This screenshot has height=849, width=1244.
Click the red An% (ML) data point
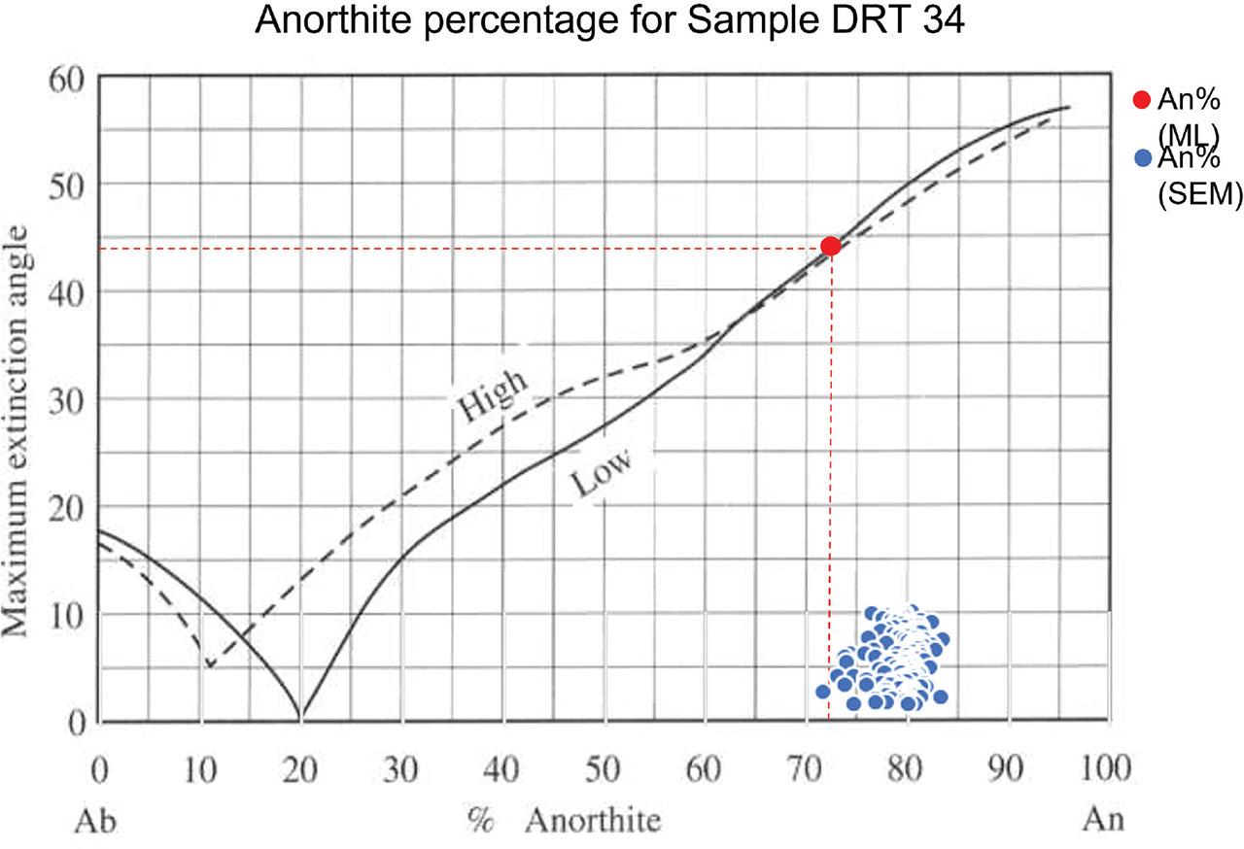(830, 246)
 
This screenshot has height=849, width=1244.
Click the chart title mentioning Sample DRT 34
(609, 21)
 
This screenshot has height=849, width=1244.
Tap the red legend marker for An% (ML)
(1143, 100)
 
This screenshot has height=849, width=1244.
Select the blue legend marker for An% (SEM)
(1143, 157)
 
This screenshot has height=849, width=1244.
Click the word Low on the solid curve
(601, 472)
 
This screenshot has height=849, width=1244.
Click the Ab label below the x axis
(98, 820)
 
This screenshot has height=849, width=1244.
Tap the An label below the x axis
(1103, 820)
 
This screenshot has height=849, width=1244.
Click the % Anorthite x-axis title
(563, 820)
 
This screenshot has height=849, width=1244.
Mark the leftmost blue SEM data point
(823, 692)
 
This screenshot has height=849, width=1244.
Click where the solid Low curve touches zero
(300, 719)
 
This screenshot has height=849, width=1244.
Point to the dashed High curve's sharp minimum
(209, 666)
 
